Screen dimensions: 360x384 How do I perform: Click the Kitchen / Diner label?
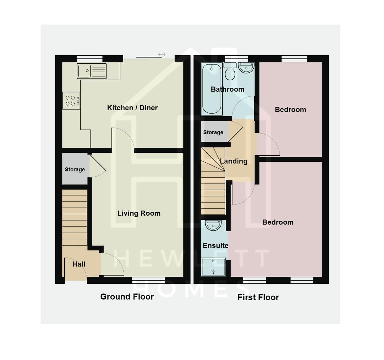pyautogui.click(x=132, y=108)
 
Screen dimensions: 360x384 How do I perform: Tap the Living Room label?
pyautogui.click(x=139, y=213)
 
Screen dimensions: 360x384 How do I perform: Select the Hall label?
pyautogui.click(x=79, y=264)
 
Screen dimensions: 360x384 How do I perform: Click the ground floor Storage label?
pyautogui.click(x=75, y=169)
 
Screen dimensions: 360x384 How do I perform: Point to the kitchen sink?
pyautogui.click(x=92, y=71)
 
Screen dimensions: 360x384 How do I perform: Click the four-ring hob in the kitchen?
pyautogui.click(x=71, y=101)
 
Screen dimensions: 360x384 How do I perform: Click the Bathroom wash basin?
pyautogui.click(x=246, y=68)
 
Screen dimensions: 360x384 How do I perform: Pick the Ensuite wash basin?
pyautogui.click(x=213, y=225)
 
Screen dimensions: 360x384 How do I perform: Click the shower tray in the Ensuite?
pyautogui.click(x=213, y=267)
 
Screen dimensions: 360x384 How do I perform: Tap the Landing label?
pyautogui.click(x=234, y=161)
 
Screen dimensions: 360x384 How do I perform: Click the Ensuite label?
pyautogui.click(x=215, y=246)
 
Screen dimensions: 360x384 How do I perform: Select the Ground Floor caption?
pyautogui.click(x=127, y=297)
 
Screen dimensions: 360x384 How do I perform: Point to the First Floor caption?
pyautogui.click(x=258, y=297)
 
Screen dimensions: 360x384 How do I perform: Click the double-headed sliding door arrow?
pyautogui.click(x=162, y=54)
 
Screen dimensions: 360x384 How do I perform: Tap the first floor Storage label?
pyautogui.click(x=213, y=132)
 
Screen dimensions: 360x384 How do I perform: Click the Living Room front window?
pyautogui.click(x=148, y=280)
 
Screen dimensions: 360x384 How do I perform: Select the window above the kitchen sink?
pyautogui.click(x=89, y=58)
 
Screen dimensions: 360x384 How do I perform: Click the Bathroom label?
pyautogui.click(x=227, y=89)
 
